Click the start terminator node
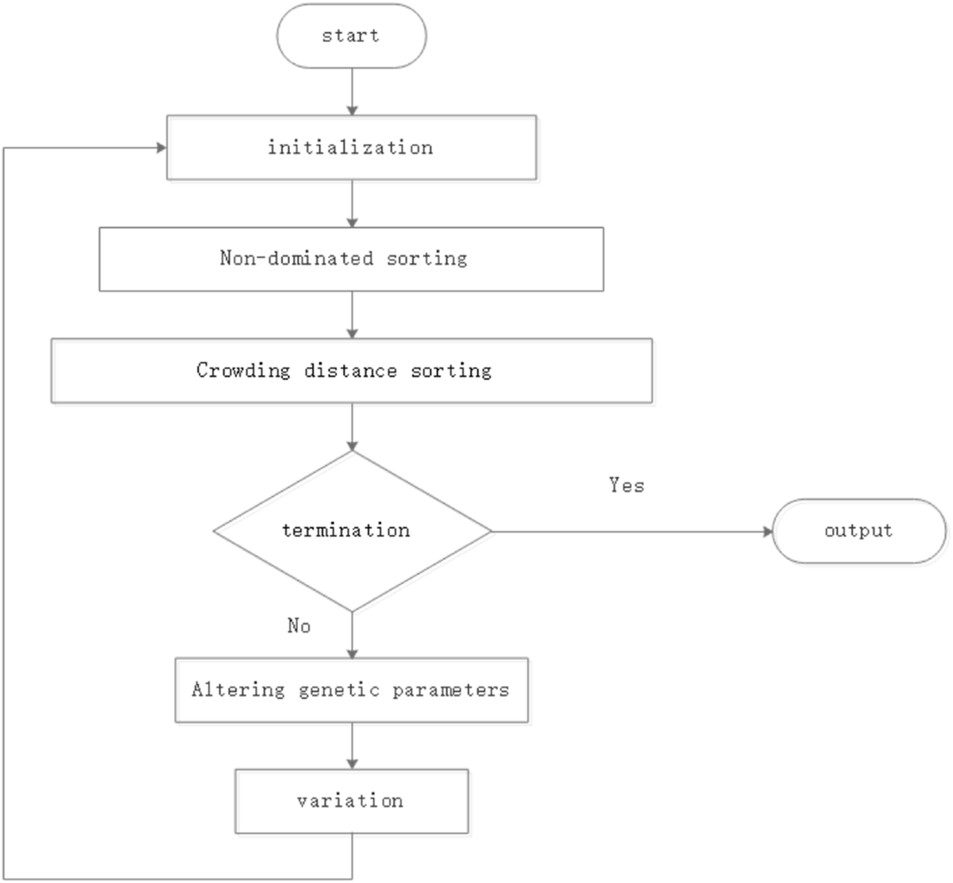click(351, 36)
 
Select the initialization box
click(351, 148)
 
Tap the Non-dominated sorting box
click(351, 259)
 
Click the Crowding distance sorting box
click(351, 371)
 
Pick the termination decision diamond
click(351, 531)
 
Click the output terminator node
click(858, 531)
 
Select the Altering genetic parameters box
click(351, 691)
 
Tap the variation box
click(351, 801)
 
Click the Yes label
click(626, 486)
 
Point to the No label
click(299, 627)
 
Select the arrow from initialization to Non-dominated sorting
click(352, 203)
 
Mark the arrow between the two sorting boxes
click(352, 314)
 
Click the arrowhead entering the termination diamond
click(352, 444)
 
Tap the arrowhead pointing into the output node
click(767, 532)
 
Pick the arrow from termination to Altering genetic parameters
click(352, 636)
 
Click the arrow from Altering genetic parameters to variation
click(352, 746)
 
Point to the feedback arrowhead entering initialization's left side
click(160, 148)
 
